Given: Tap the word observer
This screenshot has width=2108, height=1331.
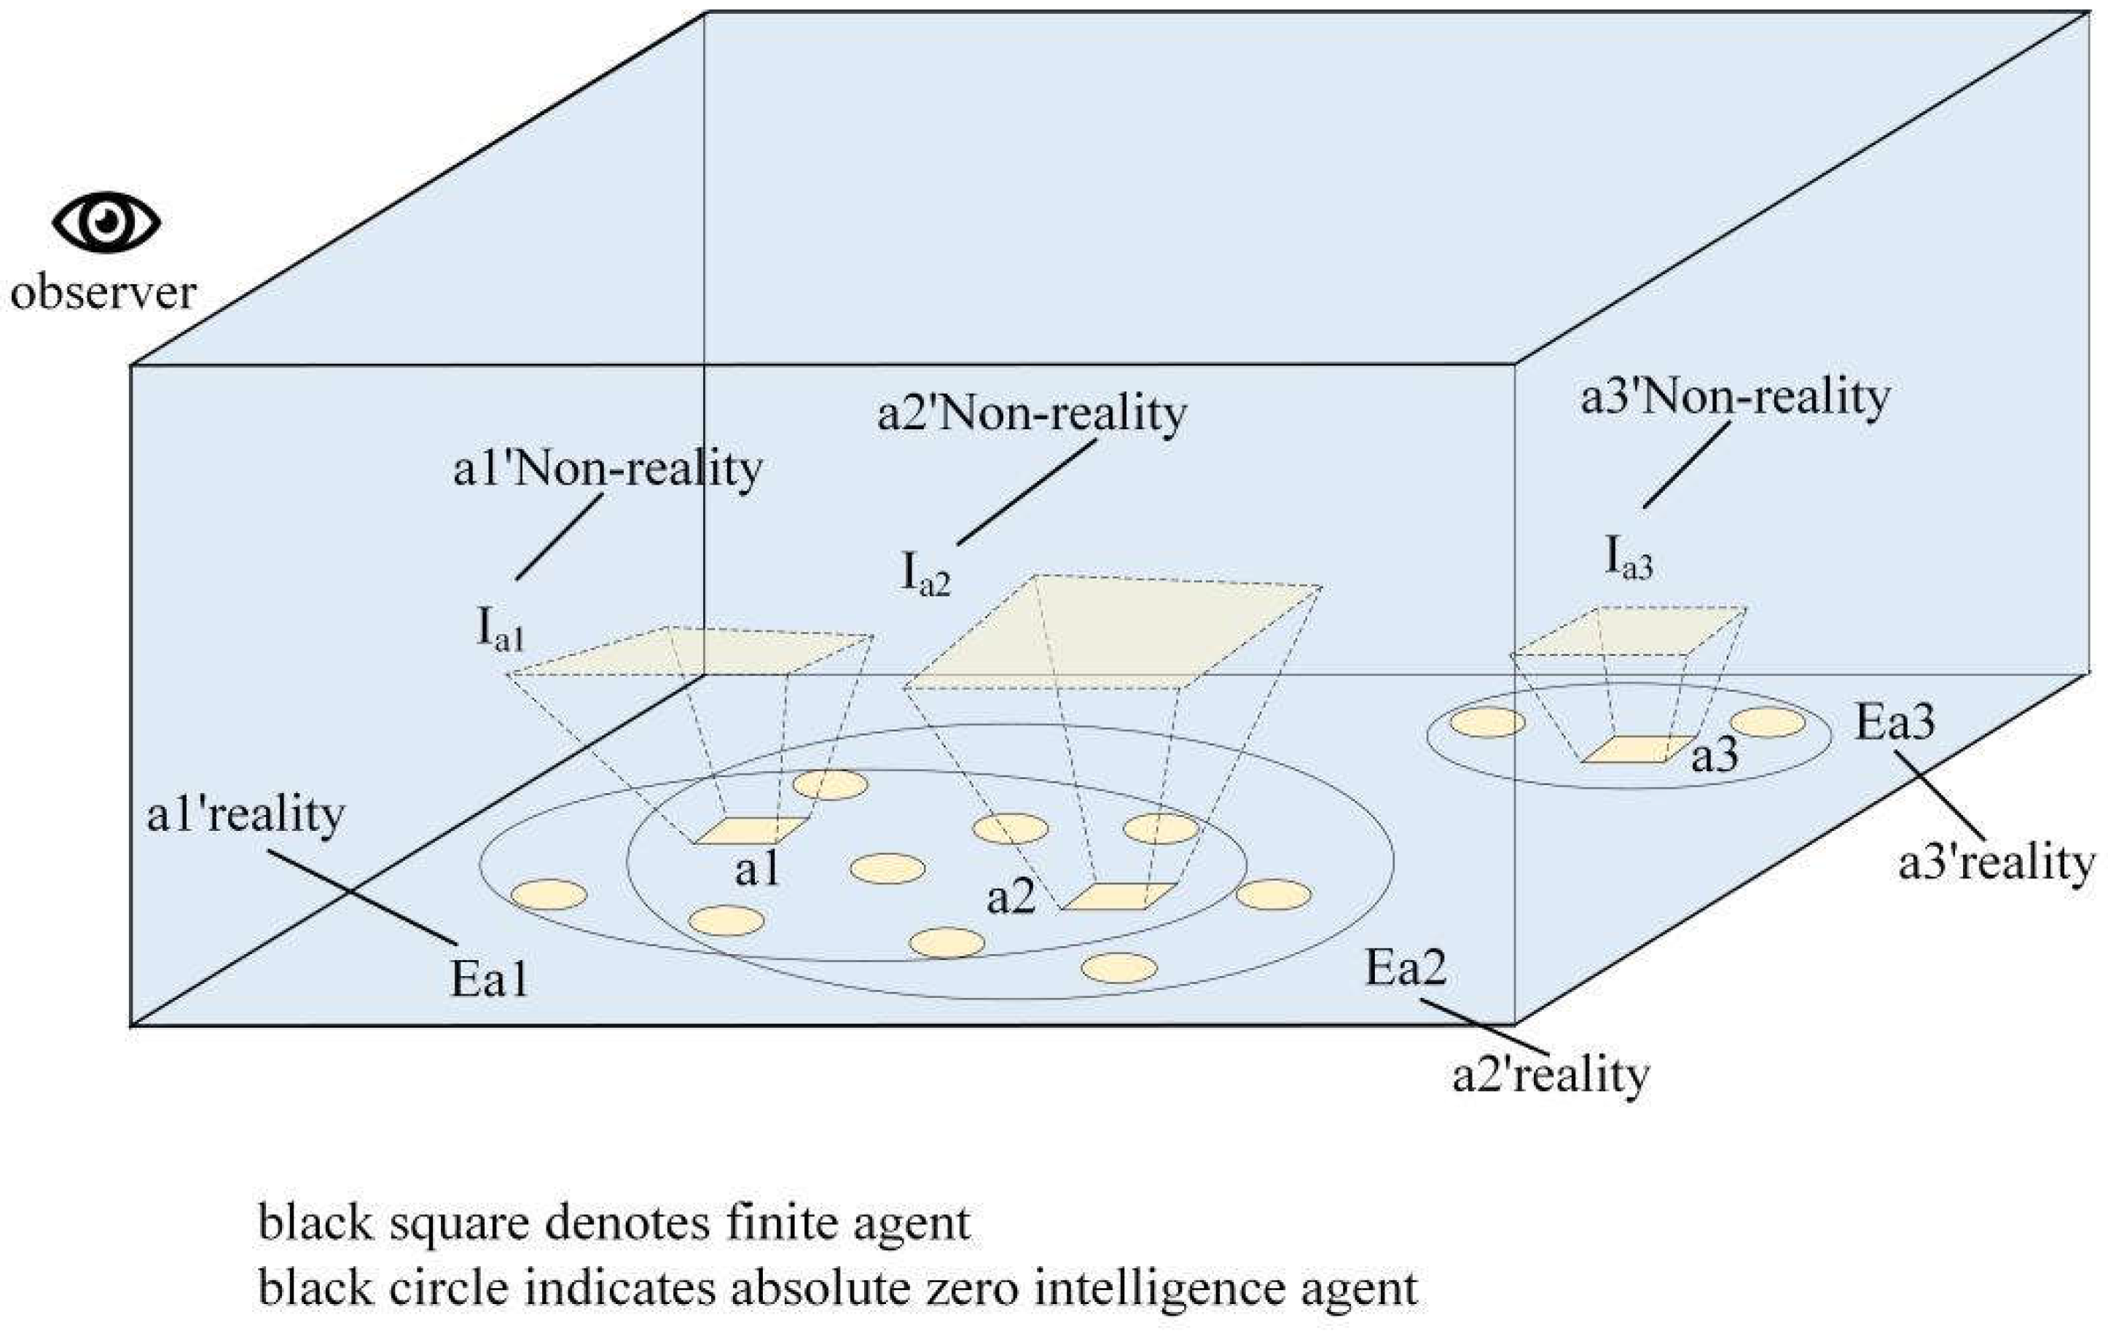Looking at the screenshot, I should [x=103, y=292].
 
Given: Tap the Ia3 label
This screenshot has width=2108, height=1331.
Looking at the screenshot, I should [x=1629, y=558].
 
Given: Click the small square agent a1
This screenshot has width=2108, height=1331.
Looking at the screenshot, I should [x=751, y=830].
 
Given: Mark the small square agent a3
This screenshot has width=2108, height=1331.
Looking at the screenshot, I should [x=1626, y=749].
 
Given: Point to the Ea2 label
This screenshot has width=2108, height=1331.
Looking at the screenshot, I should [x=1405, y=969].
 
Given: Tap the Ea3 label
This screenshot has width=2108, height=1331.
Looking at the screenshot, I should [x=1895, y=723].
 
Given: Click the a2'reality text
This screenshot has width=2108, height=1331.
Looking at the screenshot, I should [x=1551, y=1075].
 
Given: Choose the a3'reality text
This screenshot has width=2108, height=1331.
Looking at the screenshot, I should [x=1996, y=864].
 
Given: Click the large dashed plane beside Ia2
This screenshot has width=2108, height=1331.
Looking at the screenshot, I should [x=1112, y=632].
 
